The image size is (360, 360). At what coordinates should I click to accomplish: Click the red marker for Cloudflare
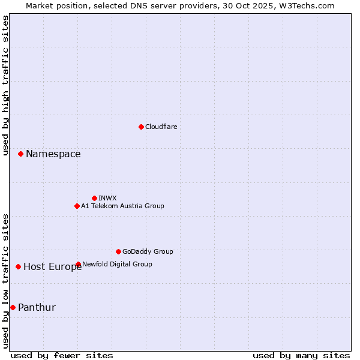coord(141,127)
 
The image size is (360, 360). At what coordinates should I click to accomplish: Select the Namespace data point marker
coord(20,154)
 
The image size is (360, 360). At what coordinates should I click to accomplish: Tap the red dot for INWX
coord(94,198)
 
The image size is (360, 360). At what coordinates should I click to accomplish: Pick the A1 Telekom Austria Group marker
coord(77,206)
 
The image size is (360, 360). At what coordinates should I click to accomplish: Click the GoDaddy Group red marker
coord(118,251)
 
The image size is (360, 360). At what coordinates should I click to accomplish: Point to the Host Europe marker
coord(19,266)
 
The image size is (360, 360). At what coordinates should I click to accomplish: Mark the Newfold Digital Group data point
coord(79,264)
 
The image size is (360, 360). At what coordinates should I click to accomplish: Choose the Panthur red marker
coord(13,307)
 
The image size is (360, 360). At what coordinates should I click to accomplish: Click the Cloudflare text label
coord(161,127)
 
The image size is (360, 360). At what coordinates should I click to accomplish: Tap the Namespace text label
coord(53,154)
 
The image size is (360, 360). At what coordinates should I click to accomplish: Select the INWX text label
coord(107,198)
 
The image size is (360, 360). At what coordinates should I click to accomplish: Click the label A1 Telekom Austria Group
coord(122,206)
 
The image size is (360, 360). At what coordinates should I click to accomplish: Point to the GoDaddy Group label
coord(148,251)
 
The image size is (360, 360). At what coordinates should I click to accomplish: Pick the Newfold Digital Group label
coord(117,264)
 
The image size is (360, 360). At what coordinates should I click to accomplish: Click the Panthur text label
coord(37,307)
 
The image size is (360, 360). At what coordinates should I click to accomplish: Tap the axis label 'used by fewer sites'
coord(61,355)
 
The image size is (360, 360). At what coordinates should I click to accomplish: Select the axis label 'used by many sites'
coord(301,355)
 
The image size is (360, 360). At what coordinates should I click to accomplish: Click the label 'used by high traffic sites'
coord(5,86)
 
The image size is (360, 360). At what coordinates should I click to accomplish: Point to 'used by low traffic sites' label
coord(5,280)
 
